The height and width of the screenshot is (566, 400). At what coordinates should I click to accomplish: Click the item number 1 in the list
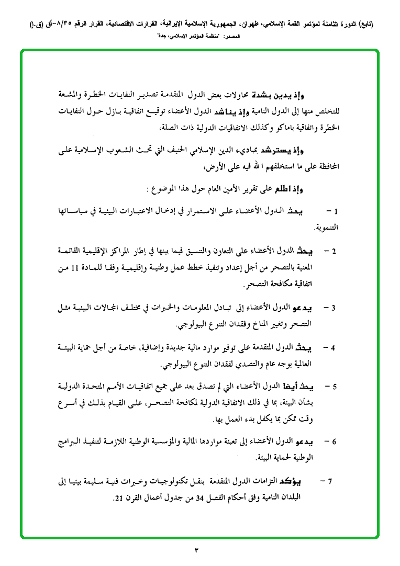(336, 212)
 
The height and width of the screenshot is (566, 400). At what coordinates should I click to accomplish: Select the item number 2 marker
(334, 251)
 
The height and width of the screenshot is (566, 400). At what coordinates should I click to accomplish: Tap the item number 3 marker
(334, 307)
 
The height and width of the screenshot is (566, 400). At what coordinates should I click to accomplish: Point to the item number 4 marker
(334, 347)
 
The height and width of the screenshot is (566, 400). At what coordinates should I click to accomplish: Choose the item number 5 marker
(334, 388)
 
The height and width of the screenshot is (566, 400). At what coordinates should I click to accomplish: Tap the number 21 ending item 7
(119, 496)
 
